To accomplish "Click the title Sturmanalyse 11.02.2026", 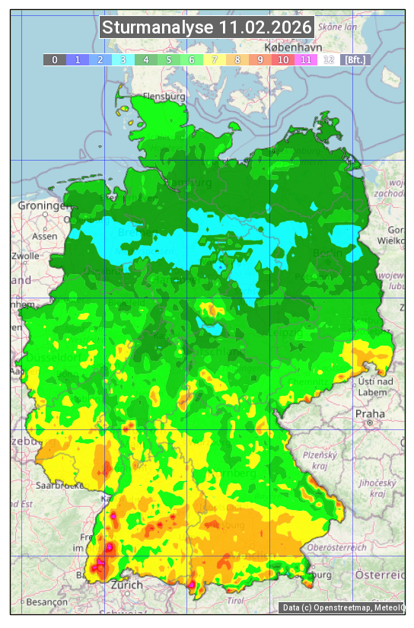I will click(207, 27).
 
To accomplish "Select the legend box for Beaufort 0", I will click(55, 59).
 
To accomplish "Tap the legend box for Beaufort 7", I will click(215, 59).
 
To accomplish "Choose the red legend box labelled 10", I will click(283, 59).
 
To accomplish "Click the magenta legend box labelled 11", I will click(306, 59).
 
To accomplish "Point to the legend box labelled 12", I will click(329, 59).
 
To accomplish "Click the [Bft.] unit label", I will click(355, 59).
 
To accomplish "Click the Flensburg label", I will click(164, 97).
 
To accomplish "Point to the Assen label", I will click(45, 237).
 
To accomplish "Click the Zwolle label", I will click(24, 257).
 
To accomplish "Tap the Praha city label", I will click(369, 413).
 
